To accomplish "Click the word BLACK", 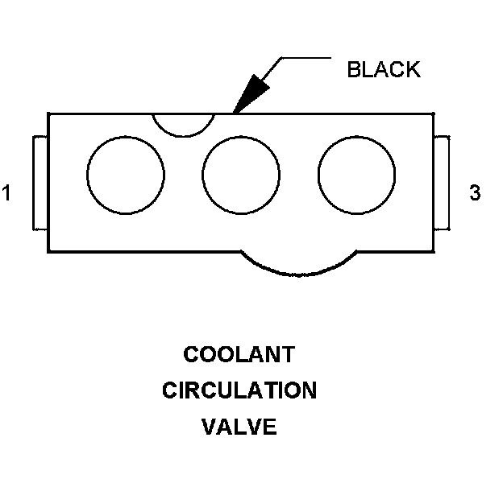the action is (383, 69).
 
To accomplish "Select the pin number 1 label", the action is (7, 193).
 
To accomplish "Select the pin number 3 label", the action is (475, 193).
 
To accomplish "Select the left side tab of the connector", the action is (40, 183).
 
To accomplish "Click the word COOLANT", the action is (239, 354).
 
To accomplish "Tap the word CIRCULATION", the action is (239, 391).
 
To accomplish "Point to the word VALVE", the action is (239, 427).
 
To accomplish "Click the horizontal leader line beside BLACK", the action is (306, 58).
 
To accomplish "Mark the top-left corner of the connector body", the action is (48, 114).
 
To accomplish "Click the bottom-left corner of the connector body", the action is (48, 250).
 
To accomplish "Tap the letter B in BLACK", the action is (353, 69).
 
